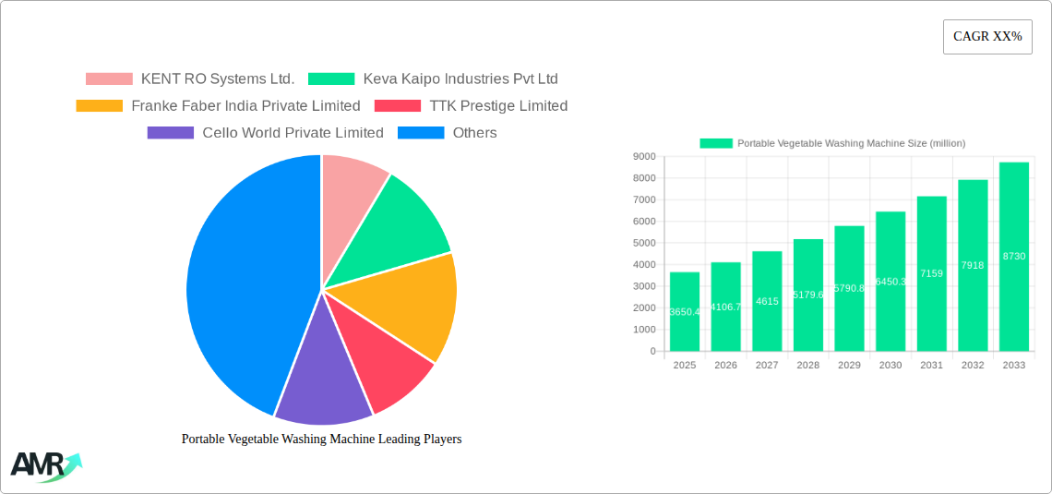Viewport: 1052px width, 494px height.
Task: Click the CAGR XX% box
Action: coord(987,37)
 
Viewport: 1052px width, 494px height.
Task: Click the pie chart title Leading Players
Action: coord(321,440)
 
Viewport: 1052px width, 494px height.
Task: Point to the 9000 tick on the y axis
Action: coord(643,157)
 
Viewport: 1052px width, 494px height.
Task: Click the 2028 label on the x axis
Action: coord(807,366)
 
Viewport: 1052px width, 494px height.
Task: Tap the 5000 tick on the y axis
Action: coord(643,243)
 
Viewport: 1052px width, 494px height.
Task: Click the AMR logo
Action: coord(44,465)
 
